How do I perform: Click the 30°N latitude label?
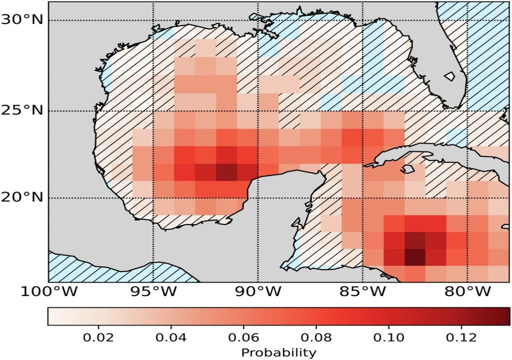click(x=22, y=20)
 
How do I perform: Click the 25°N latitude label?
click(x=22, y=111)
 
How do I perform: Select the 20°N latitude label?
click(x=22, y=197)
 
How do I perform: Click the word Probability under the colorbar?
click(x=278, y=352)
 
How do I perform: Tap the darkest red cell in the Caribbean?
click(x=414, y=257)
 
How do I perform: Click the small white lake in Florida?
click(x=449, y=76)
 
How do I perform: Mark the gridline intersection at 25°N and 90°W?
click(x=258, y=111)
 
